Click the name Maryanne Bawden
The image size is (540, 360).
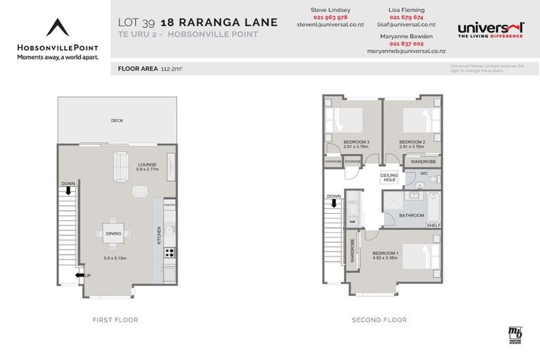click(x=407, y=35)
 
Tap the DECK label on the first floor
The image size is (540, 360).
click(x=117, y=121)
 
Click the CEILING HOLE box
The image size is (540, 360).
click(x=389, y=178)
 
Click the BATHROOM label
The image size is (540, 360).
click(x=411, y=215)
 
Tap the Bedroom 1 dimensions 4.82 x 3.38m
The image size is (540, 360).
click(x=386, y=258)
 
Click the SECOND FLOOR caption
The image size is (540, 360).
click(x=379, y=320)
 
